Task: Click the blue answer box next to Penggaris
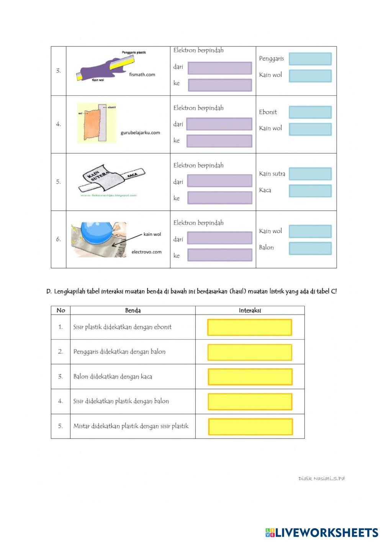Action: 310,59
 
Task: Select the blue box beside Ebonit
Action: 310,112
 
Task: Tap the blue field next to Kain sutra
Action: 310,174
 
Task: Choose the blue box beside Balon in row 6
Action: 310,248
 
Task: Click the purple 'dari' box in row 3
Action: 219,68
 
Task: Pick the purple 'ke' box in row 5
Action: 219,198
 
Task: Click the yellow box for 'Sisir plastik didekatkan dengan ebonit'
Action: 250,327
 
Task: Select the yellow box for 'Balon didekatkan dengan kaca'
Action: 250,377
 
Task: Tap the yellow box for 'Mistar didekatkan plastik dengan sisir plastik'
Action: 250,427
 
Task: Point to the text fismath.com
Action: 142,75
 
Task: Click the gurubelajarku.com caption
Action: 140,133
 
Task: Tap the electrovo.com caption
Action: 146,252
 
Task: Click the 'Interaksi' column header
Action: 250,310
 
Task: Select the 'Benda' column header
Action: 133,310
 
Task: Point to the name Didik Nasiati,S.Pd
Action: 321,478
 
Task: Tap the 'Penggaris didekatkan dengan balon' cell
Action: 119,352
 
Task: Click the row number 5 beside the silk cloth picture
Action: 59,182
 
